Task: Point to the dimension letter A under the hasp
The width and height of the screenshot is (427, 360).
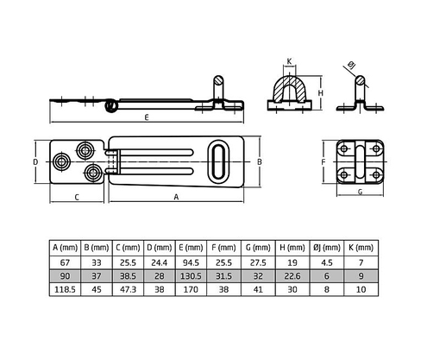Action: pos(176,197)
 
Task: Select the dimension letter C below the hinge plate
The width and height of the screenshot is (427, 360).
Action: pos(77,197)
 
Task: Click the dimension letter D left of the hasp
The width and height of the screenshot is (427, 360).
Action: pos(35,161)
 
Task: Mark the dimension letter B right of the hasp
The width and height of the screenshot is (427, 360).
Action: pos(260,161)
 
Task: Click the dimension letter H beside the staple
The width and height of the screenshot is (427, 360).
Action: pos(320,92)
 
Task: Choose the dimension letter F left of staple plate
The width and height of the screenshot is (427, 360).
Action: pos(323,161)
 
